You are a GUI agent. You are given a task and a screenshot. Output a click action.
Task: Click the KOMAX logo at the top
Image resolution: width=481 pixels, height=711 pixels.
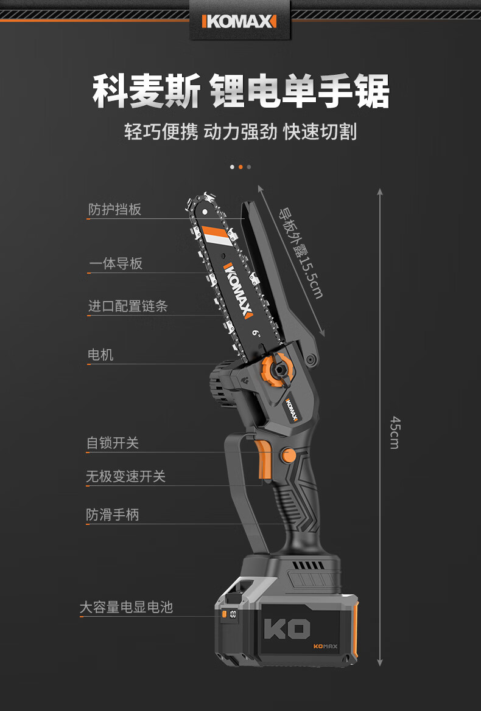(239, 21)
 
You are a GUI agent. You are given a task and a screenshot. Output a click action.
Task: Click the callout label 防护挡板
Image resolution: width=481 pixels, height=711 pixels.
(115, 209)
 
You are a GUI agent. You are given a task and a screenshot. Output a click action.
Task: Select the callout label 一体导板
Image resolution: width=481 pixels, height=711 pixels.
(116, 263)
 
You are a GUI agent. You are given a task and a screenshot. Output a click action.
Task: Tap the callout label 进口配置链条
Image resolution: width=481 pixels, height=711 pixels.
(128, 306)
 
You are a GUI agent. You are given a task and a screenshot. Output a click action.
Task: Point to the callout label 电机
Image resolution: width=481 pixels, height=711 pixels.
(100, 355)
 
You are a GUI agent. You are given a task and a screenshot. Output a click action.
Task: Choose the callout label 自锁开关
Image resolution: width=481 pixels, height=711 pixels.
(113, 443)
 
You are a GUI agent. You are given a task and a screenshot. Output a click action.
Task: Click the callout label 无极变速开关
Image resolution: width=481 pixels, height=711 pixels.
(125, 476)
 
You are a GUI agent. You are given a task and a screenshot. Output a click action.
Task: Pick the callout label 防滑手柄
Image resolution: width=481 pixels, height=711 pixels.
(113, 515)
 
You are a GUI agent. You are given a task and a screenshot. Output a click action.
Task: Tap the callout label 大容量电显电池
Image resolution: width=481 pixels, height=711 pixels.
(127, 607)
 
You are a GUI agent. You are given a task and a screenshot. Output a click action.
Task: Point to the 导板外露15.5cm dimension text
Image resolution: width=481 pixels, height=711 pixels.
(301, 253)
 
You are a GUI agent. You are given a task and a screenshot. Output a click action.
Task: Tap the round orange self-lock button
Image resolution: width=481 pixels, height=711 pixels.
(288, 455)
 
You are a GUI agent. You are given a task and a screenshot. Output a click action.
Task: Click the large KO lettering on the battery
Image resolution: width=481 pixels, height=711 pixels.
(287, 629)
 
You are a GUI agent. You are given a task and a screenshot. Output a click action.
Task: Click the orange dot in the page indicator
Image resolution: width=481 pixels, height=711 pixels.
(240, 167)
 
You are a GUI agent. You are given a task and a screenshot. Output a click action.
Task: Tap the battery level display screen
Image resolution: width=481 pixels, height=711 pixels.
(233, 615)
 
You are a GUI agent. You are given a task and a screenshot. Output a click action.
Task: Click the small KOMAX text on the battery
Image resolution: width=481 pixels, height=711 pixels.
(325, 646)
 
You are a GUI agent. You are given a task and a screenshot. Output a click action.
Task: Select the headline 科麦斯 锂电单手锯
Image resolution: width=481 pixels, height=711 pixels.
(241, 92)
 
